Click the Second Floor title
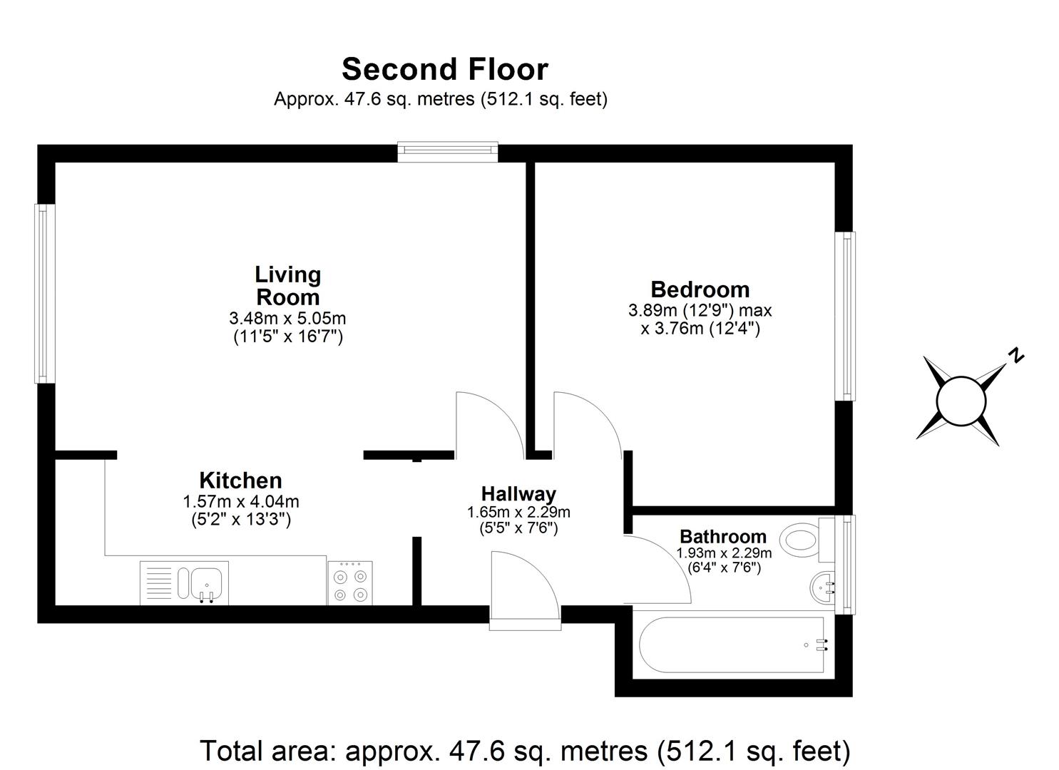pyautogui.click(x=444, y=69)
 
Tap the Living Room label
pyautogui.click(x=288, y=285)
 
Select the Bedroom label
pyautogui.click(x=700, y=289)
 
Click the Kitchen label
pyautogui.click(x=240, y=480)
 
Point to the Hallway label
pyautogui.click(x=518, y=493)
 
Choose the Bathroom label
pyautogui.click(x=722, y=536)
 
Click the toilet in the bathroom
pyautogui.click(x=802, y=540)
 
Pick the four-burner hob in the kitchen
pyautogui.click(x=349, y=583)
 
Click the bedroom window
pyautogui.click(x=846, y=316)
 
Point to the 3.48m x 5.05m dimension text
pyautogui.click(x=288, y=318)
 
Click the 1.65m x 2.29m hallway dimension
pyautogui.click(x=518, y=512)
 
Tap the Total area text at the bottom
pyautogui.click(x=525, y=751)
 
